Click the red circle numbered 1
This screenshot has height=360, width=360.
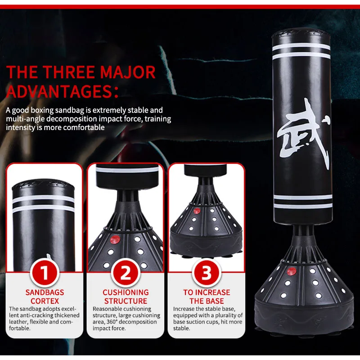click(45, 272)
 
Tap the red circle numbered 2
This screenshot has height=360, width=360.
click(125, 272)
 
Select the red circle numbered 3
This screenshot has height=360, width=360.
click(206, 272)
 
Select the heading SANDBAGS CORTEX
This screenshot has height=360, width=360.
click(45, 297)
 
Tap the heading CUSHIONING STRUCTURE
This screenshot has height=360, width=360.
click(125, 297)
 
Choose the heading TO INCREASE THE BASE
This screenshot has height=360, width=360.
click(206, 297)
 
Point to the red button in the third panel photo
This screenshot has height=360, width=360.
click(196, 211)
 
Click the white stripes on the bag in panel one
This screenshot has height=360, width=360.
click(43, 205)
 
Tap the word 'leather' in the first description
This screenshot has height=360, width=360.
click(20, 322)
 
